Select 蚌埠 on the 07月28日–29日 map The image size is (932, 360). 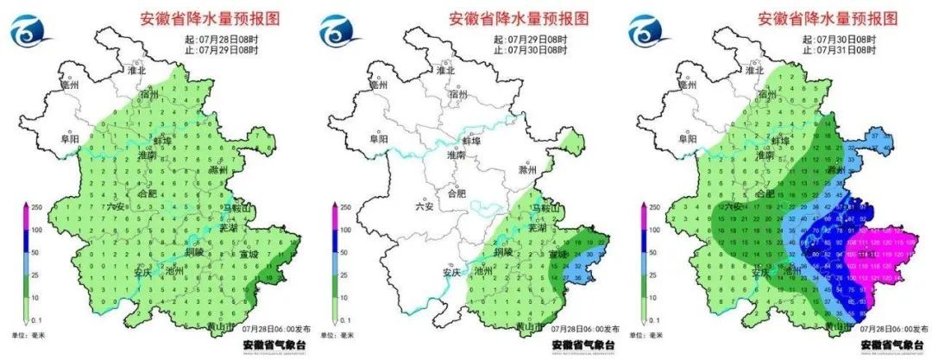(162, 139)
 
